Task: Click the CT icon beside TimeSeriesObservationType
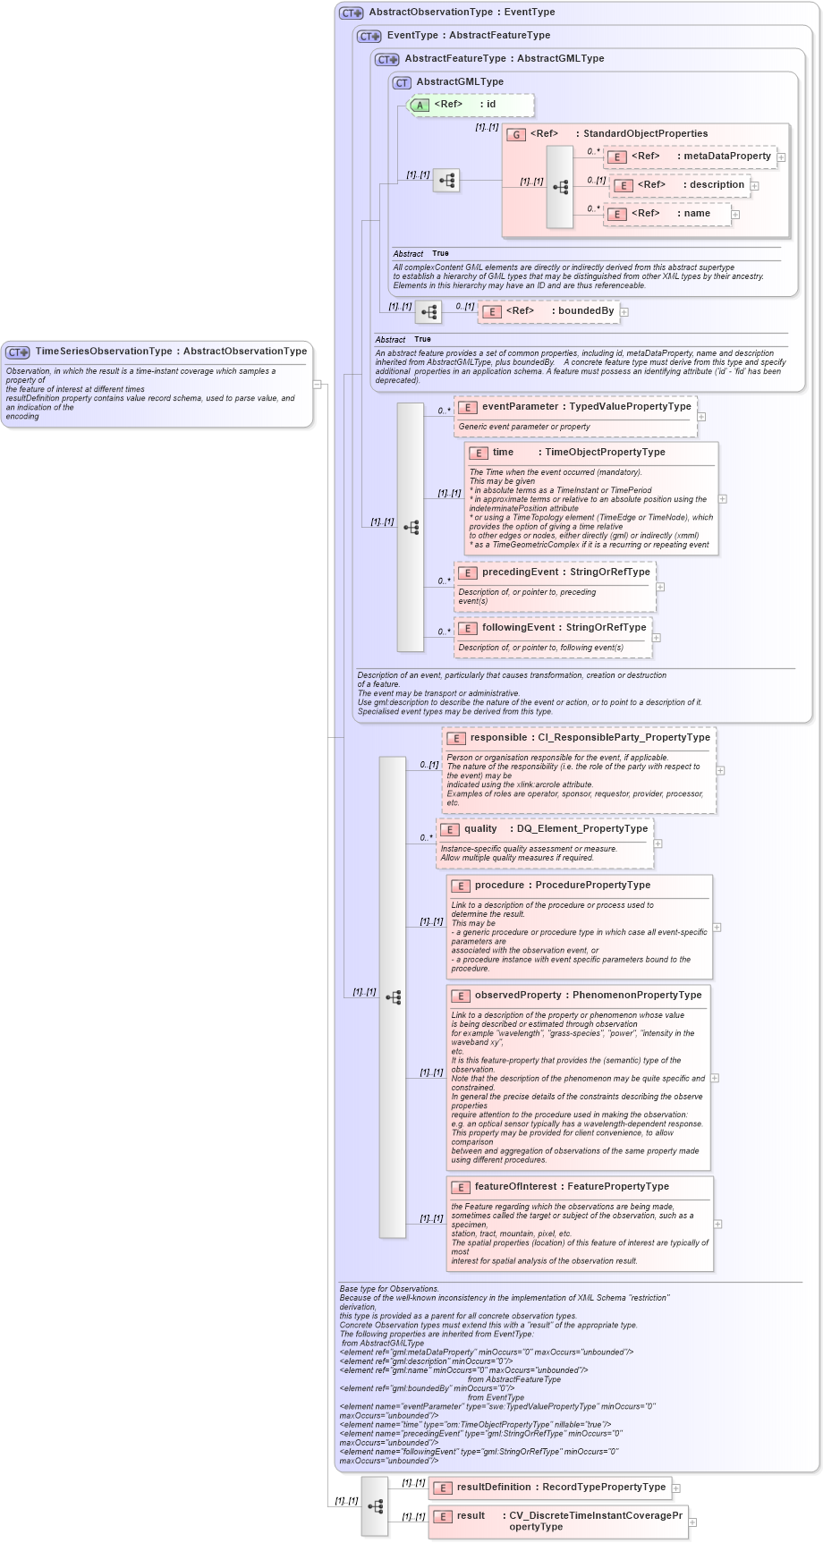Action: coord(18,352)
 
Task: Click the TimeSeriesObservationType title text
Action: coord(171,352)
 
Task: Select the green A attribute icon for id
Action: coord(420,106)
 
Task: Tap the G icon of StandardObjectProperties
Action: coord(516,135)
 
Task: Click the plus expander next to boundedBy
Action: coord(624,312)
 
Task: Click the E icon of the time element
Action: coord(479,454)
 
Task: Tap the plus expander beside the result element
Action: coord(692,1522)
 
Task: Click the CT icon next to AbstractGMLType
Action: coord(402,83)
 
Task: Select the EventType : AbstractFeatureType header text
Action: coord(468,36)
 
